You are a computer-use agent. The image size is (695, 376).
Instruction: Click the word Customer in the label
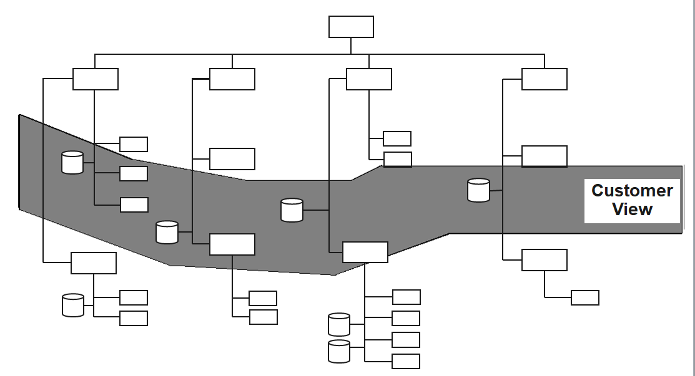[x=632, y=190]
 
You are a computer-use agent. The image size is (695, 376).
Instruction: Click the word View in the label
[x=632, y=210]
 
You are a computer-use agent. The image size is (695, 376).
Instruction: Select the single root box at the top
[x=351, y=27]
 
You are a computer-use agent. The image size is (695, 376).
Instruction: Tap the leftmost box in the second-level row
[x=96, y=79]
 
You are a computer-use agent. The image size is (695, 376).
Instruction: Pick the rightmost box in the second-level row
[x=545, y=79]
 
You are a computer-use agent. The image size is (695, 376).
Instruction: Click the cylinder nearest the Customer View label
[x=479, y=190]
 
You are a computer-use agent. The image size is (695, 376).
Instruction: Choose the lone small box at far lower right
[x=585, y=297]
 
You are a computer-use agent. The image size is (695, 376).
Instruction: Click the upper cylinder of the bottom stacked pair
[x=339, y=324]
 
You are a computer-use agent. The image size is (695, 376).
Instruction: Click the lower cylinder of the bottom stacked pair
[x=339, y=351]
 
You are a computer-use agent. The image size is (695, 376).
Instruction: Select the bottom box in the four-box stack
[x=406, y=361]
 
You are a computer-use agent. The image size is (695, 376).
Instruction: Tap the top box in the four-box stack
[x=406, y=297]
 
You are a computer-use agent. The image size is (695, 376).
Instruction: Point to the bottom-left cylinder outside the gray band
[x=73, y=305]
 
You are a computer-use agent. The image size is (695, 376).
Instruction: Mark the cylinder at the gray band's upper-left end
[x=72, y=162]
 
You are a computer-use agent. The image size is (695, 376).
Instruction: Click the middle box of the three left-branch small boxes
[x=134, y=173]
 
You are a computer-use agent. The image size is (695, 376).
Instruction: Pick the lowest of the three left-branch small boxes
[x=134, y=205]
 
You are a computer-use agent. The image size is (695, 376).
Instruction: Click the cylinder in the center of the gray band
[x=292, y=210]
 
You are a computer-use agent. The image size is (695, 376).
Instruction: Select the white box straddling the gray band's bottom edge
[x=365, y=252]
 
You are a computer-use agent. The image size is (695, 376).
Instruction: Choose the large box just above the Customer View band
[x=545, y=156]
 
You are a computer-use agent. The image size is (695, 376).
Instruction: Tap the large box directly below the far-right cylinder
[x=545, y=260]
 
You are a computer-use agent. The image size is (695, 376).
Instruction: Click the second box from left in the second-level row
[x=232, y=79]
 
